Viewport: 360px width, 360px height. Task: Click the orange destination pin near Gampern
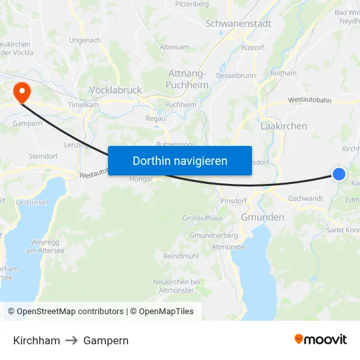pyautogui.click(x=21, y=92)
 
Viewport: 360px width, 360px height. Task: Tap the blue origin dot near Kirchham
pyautogui.click(x=339, y=173)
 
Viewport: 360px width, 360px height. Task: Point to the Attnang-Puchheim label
pyautogui.click(x=188, y=79)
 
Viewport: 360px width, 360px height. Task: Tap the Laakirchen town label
pyautogui.click(x=283, y=126)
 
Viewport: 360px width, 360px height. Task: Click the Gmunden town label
pyautogui.click(x=262, y=217)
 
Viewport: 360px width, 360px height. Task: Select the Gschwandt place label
pyautogui.click(x=305, y=198)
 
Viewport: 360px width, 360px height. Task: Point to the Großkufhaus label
pyautogui.click(x=202, y=218)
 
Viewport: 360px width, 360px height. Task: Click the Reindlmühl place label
pyautogui.click(x=181, y=256)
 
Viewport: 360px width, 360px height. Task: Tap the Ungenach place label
pyautogui.click(x=84, y=41)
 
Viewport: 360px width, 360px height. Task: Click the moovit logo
pyautogui.click(x=320, y=339)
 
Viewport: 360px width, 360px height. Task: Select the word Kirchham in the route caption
pyautogui.click(x=37, y=340)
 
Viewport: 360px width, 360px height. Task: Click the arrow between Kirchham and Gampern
pyautogui.click(x=72, y=340)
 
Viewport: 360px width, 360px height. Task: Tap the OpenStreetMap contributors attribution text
pyautogui.click(x=65, y=312)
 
